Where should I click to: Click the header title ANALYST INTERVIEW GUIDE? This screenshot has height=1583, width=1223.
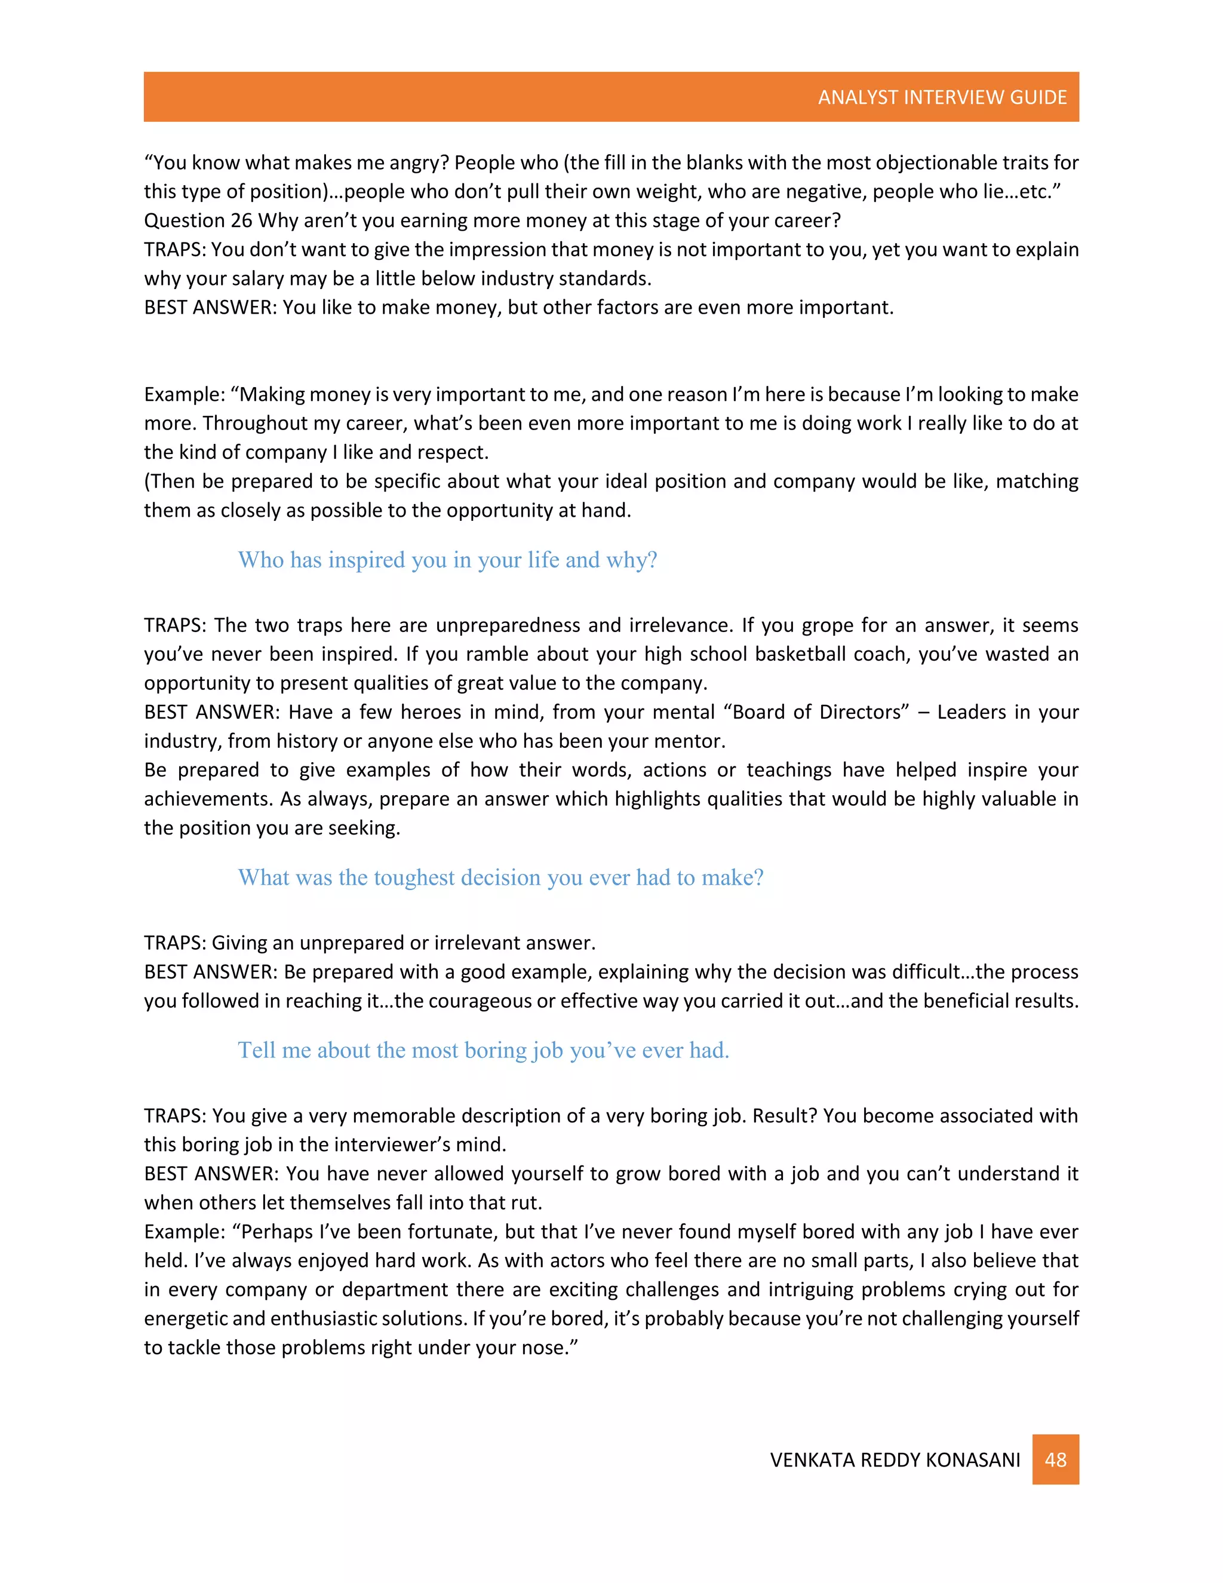(942, 97)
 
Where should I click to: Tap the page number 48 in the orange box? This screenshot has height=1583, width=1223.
(1055, 1459)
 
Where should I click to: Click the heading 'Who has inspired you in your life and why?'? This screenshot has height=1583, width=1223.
(447, 560)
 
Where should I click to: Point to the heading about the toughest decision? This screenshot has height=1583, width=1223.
(500, 877)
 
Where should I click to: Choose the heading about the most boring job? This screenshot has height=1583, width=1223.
(483, 1050)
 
